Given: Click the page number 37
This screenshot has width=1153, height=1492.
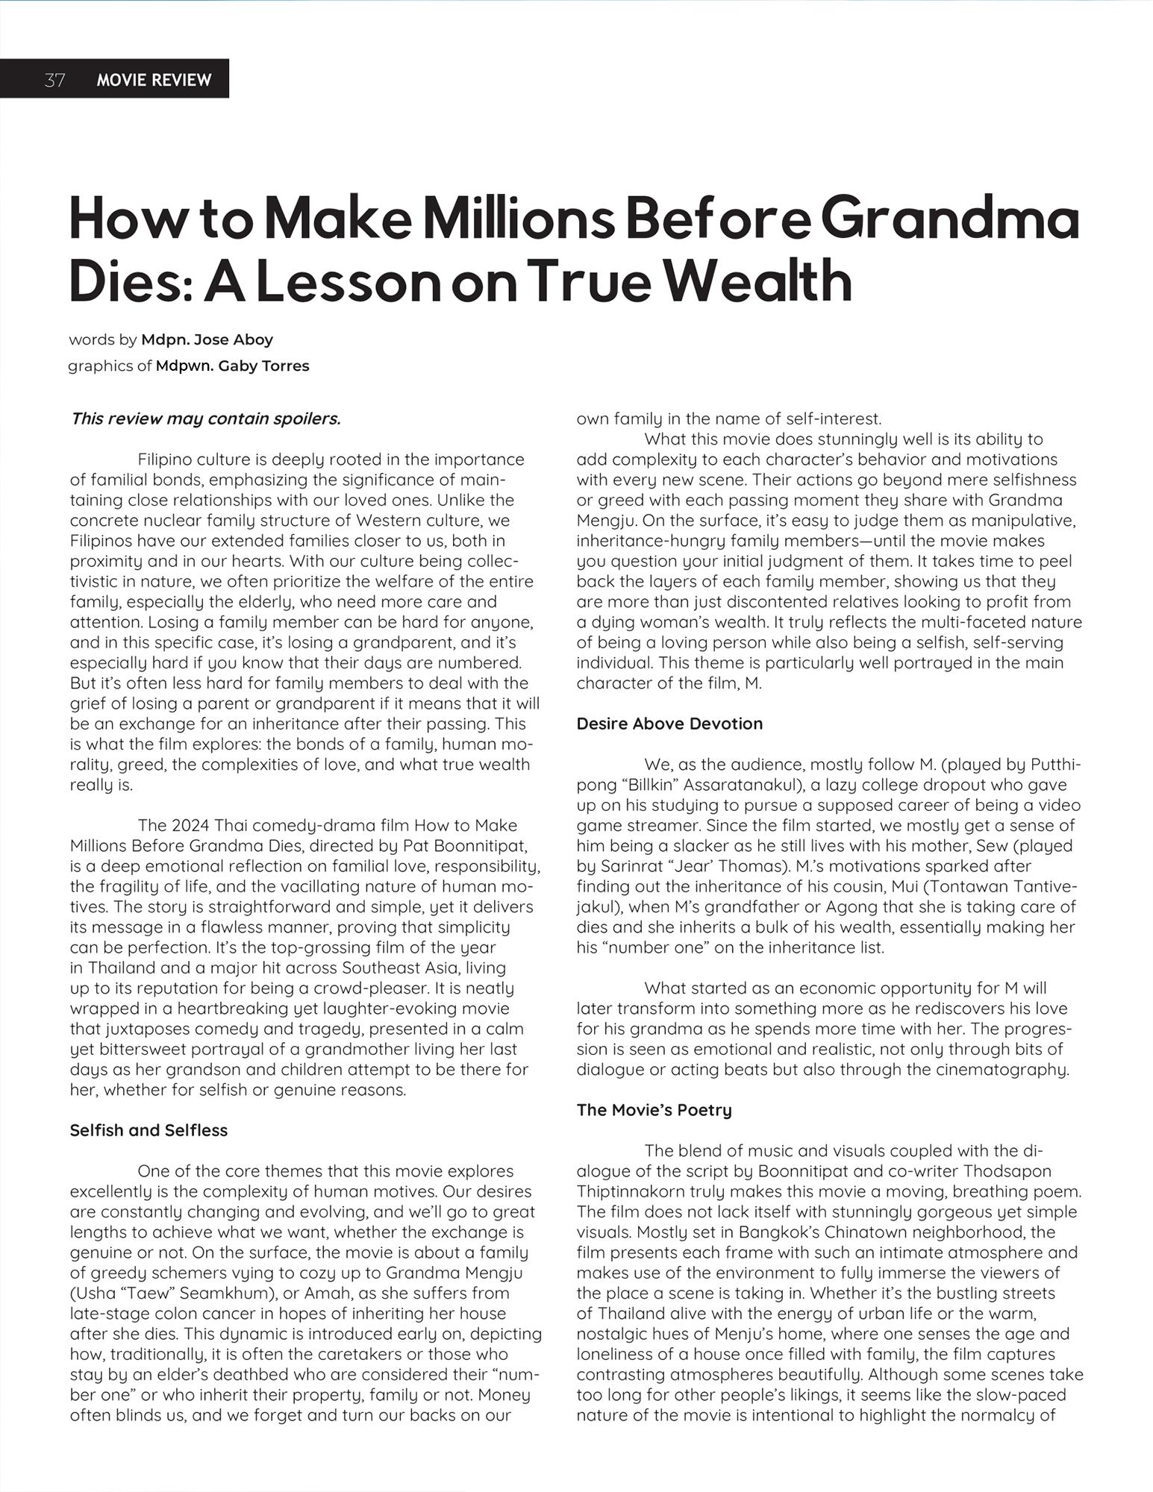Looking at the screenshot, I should pos(54,80).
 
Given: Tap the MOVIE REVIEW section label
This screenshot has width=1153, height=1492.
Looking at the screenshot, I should pos(154,80).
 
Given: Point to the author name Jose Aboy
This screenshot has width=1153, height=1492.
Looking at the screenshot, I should pos(207,339).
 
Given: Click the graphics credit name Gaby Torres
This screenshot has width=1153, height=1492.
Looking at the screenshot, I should pos(233,366).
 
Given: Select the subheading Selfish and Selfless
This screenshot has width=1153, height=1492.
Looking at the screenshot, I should pos(149,1130).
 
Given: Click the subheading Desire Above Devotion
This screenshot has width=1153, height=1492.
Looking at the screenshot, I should pos(669,724).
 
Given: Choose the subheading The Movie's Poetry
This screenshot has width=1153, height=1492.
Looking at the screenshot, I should pos(654,1110).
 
